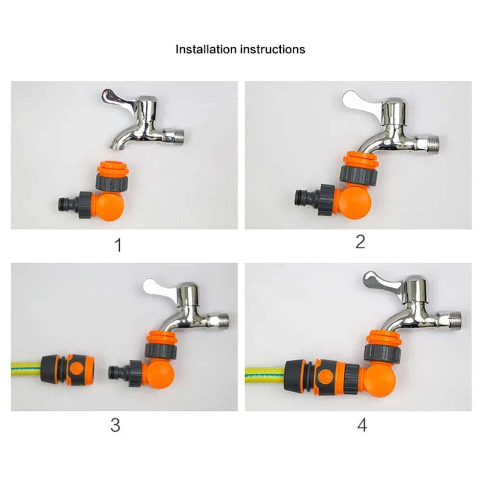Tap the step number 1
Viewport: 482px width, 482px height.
[118, 245]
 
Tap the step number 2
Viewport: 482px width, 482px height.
[360, 242]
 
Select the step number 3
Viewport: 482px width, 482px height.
[115, 425]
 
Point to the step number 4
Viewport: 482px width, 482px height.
[362, 425]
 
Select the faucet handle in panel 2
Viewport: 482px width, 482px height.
[359, 100]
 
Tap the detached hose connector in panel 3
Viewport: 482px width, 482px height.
[68, 369]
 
